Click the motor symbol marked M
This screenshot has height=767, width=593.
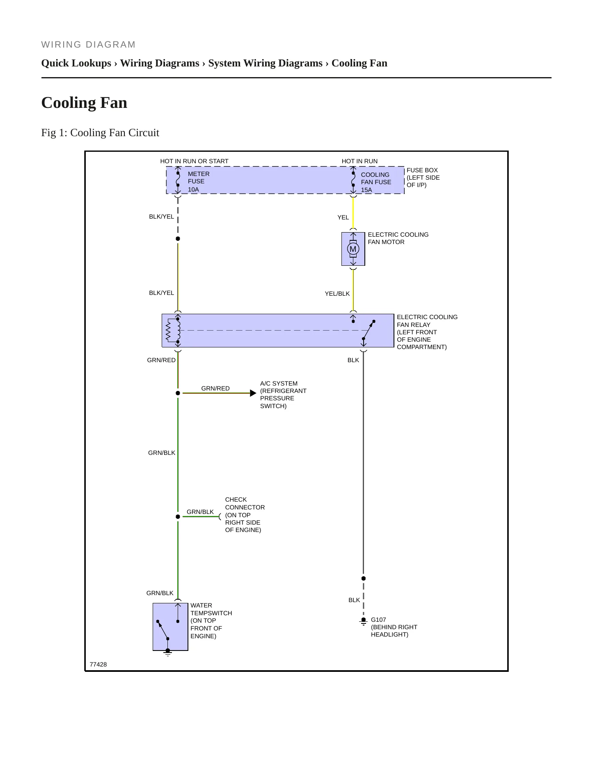coord(353,249)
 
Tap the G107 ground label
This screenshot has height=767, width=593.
coord(378,620)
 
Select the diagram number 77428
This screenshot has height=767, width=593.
coord(98,664)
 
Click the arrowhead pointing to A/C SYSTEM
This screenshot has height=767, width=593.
coord(253,393)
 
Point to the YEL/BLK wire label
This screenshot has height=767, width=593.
coord(337,294)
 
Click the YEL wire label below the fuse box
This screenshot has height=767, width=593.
coord(343,217)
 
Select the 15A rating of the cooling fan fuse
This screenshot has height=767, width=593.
coord(366,190)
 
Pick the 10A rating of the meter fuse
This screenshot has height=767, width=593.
coord(193,189)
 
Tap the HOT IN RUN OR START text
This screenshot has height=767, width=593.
coord(194,161)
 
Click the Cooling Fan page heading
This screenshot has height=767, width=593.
coord(84,103)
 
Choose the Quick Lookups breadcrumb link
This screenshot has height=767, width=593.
coord(76,63)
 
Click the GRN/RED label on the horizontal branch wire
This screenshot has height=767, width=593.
coord(215,388)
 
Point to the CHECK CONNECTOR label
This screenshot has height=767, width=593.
coord(245,503)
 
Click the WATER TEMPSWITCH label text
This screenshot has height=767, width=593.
coord(211,609)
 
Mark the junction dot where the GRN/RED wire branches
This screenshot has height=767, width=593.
coord(178,393)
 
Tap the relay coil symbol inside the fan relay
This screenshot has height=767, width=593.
coord(178,331)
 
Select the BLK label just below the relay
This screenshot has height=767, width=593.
coord(353,360)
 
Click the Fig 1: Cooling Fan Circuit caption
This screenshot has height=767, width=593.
coord(100,133)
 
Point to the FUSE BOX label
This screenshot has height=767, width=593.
coord(422,170)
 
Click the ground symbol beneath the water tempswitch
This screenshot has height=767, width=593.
coord(168,652)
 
